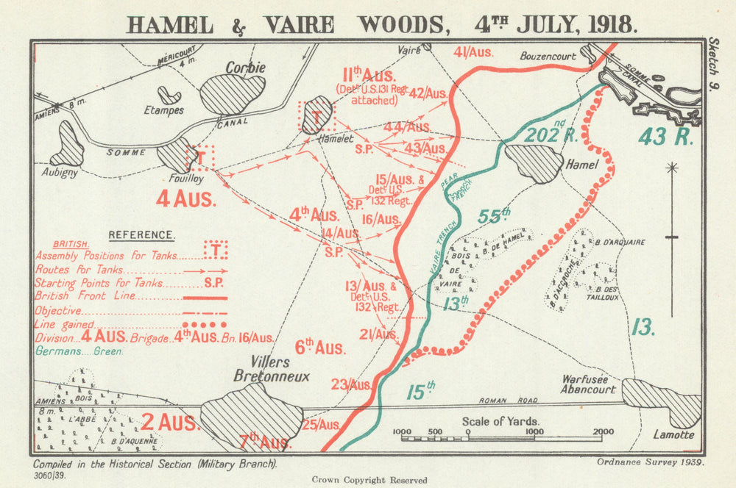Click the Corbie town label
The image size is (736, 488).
click(245, 67)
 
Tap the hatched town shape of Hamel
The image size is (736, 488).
click(534, 163)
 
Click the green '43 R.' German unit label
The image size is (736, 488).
click(665, 137)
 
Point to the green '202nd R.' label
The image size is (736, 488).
click(552, 133)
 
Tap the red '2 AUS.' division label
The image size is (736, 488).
click(169, 423)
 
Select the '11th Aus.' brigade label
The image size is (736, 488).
click(369, 75)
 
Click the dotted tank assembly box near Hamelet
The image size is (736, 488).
click(316, 117)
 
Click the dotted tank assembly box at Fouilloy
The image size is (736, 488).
click(199, 157)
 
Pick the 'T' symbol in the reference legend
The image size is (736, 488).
click(215, 251)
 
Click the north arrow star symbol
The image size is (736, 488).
click(671, 168)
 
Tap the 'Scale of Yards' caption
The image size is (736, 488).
click(500, 421)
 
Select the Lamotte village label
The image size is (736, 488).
click(673, 434)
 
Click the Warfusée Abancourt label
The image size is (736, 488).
click(587, 385)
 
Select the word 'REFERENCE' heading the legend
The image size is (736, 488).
click(141, 235)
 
